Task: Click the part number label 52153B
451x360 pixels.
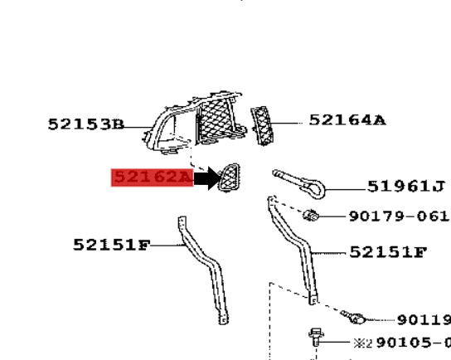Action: tap(85, 124)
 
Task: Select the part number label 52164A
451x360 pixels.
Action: tap(347, 120)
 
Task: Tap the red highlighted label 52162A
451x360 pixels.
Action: tap(152, 177)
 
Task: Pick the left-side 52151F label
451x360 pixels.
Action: tap(111, 245)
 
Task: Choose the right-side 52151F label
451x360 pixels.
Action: tap(387, 251)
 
